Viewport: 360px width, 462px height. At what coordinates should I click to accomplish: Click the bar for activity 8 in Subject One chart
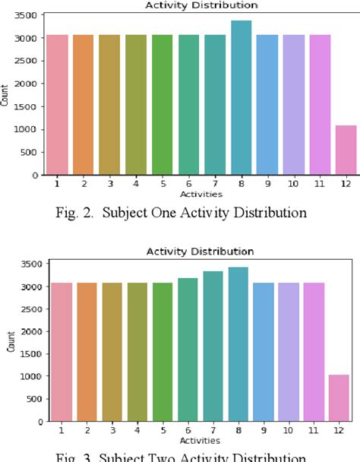click(x=241, y=99)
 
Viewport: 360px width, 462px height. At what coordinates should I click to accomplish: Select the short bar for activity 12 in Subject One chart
click(x=346, y=150)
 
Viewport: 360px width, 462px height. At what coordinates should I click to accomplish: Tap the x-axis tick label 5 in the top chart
click(x=163, y=182)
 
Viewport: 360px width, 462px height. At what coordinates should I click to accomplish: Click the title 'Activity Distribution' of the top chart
click(x=201, y=5)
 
